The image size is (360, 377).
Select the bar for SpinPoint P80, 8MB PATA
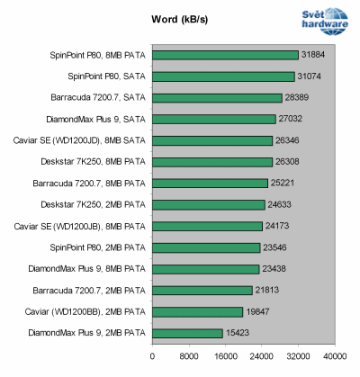click(x=225, y=55)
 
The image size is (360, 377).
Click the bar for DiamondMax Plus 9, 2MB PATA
click(x=187, y=332)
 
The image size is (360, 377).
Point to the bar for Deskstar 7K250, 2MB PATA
click(x=208, y=204)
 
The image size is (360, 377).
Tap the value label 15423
click(x=238, y=332)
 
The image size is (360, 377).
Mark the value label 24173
click(x=278, y=226)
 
